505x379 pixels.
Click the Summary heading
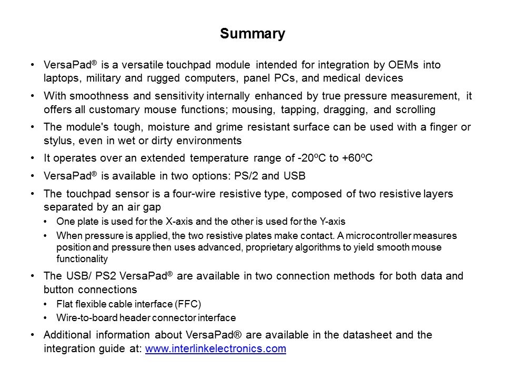pyautogui.click(x=252, y=34)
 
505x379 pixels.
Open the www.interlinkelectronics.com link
pyautogui.click(x=215, y=348)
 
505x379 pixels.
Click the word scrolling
pyautogui.click(x=417, y=109)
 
